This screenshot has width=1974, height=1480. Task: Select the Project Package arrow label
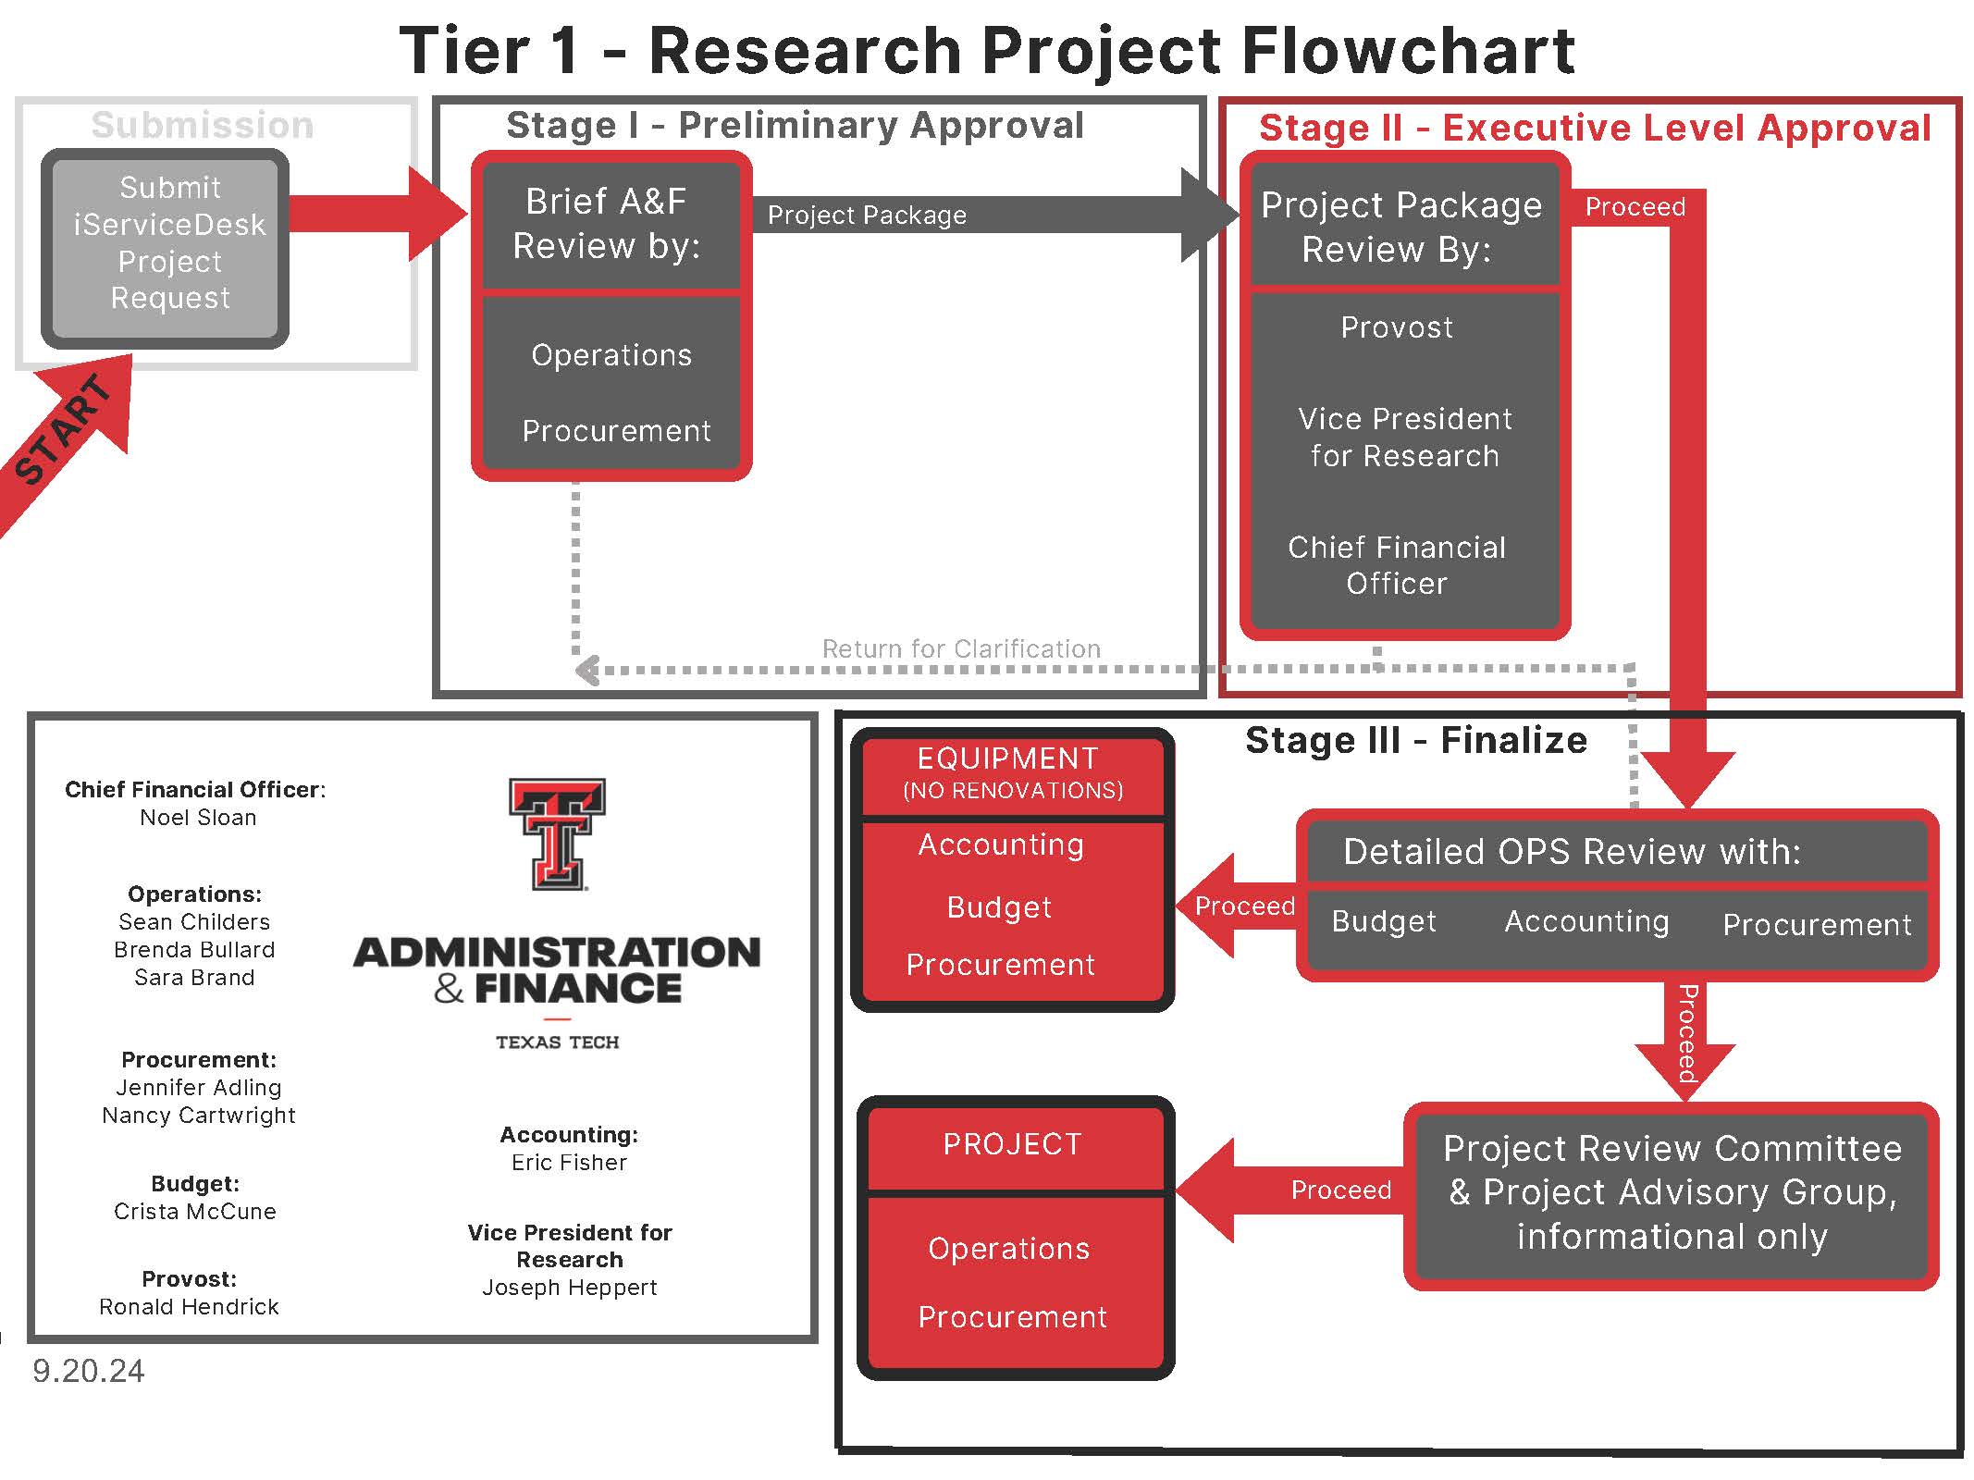click(x=867, y=216)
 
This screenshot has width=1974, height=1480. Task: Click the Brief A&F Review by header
click(x=608, y=224)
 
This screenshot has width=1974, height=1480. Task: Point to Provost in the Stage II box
click(x=1396, y=327)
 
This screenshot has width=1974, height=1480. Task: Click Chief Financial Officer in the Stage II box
click(x=1396, y=565)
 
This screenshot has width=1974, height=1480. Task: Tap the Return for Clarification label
click(x=961, y=648)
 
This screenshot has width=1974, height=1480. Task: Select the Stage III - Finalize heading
click(x=1415, y=740)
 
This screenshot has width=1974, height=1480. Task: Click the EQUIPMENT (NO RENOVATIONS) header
click(x=1010, y=772)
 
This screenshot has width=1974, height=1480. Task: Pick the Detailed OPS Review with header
click(x=1571, y=851)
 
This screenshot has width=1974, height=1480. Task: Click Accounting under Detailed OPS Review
click(x=1586, y=921)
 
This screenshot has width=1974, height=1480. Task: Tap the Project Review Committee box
click(x=1671, y=1193)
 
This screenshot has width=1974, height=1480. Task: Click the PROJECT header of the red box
click(x=1012, y=1145)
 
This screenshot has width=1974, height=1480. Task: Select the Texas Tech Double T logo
click(x=557, y=832)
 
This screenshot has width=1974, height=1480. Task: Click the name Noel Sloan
click(x=198, y=818)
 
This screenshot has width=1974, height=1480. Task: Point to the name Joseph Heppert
click(x=569, y=1288)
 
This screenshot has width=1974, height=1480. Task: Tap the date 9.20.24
click(x=89, y=1371)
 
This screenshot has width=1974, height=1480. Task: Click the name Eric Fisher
click(x=569, y=1163)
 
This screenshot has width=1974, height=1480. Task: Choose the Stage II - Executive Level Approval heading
click(x=1594, y=128)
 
